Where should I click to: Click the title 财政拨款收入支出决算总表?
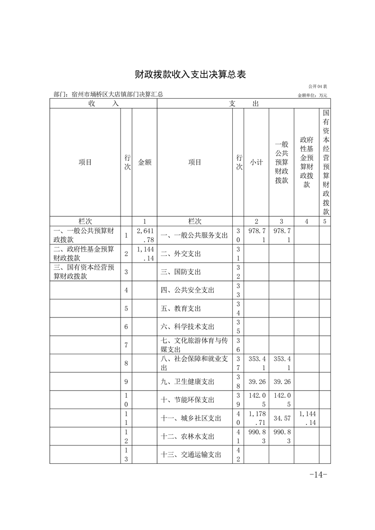(x=188, y=74)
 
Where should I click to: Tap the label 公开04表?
(x=318, y=86)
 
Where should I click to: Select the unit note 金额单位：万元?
(x=312, y=95)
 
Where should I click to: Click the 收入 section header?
(x=103, y=103)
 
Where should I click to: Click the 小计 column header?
(x=257, y=162)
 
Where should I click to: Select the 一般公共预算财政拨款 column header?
(x=281, y=162)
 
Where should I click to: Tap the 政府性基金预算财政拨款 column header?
(x=306, y=162)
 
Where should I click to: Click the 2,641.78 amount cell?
(x=144, y=235)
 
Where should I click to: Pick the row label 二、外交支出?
(x=181, y=254)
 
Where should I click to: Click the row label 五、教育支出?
(x=181, y=308)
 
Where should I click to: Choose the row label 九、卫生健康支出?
(x=184, y=381)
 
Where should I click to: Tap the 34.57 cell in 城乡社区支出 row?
(x=281, y=418)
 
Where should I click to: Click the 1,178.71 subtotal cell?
(x=257, y=418)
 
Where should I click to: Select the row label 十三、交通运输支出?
(x=188, y=454)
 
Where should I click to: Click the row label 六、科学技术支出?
(x=184, y=327)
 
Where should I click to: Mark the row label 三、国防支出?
(x=181, y=272)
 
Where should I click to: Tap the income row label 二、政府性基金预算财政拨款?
(x=84, y=254)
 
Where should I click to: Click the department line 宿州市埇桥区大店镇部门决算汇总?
(x=118, y=94)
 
